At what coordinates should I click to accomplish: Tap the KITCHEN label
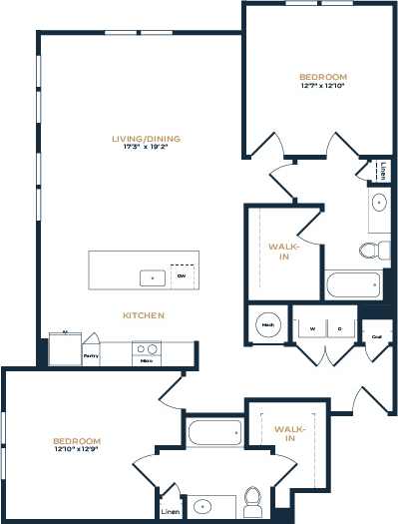[x=143, y=315]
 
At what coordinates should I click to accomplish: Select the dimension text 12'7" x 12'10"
[x=322, y=87]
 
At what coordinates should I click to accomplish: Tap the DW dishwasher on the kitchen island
[x=181, y=275]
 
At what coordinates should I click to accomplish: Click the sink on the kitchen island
[x=152, y=276]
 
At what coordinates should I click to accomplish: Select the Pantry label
[x=91, y=354]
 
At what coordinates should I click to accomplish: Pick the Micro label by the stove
[x=147, y=360]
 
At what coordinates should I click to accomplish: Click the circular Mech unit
[x=267, y=324]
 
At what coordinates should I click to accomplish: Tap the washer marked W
[x=311, y=327]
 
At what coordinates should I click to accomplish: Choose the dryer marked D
[x=339, y=327]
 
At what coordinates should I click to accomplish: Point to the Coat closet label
[x=377, y=337]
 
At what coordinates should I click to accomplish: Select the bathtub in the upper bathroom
[x=352, y=285]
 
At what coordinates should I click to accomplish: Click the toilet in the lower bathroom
[x=252, y=500]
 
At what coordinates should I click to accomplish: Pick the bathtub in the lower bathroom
[x=213, y=433]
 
